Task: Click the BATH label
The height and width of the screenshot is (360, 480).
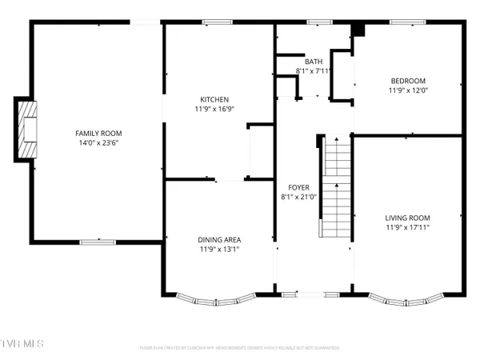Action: [x=313, y=61]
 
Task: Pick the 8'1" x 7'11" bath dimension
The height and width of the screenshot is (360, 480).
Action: [x=313, y=70]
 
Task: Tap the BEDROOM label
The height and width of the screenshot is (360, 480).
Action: [x=407, y=80]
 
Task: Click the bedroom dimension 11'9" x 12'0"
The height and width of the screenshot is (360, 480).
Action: [x=407, y=90]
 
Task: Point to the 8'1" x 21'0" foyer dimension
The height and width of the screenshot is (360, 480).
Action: [x=298, y=197]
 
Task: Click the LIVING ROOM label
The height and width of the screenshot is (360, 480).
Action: [x=407, y=218]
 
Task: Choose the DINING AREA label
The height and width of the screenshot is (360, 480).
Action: [x=219, y=239]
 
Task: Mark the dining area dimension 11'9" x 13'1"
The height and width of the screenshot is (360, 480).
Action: [x=219, y=250]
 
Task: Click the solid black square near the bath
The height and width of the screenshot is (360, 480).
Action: [x=359, y=30]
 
